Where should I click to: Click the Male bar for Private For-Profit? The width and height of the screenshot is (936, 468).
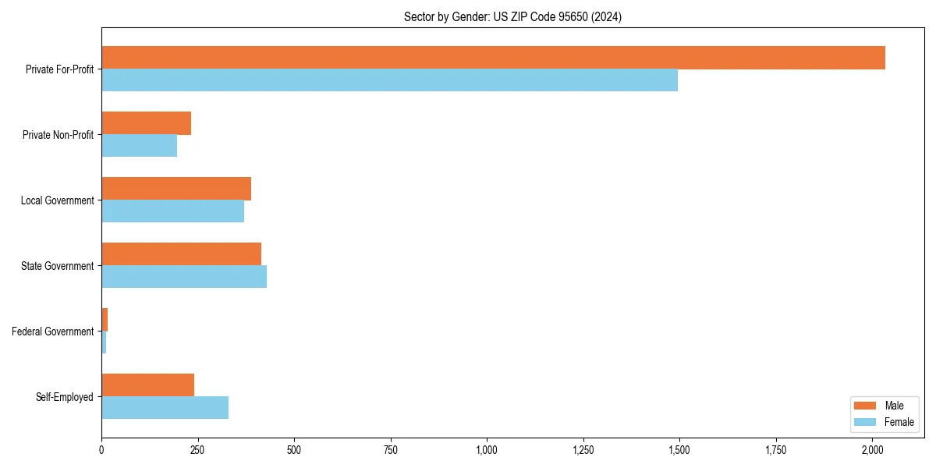point(493,58)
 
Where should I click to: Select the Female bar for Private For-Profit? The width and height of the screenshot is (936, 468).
point(389,80)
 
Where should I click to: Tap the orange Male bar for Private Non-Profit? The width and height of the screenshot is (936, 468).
point(146,123)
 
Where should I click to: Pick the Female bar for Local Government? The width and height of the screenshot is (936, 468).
point(172,211)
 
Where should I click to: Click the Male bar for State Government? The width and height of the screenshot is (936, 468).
point(181,254)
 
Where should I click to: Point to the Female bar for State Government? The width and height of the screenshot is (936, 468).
point(184,277)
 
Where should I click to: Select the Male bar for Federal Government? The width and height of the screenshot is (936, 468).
point(105,320)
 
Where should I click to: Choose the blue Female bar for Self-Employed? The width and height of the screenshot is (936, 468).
point(165,408)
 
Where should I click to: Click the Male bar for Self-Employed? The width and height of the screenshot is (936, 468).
point(147,385)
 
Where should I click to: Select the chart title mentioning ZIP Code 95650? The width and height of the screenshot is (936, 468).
point(512,16)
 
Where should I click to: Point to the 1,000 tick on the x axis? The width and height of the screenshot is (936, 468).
point(487,450)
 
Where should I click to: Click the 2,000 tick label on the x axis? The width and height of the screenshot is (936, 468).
point(872,450)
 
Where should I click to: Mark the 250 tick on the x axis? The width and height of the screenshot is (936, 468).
point(197,450)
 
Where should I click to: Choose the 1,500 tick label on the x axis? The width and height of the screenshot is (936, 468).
point(679,450)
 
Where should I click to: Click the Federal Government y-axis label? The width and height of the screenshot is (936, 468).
point(53,331)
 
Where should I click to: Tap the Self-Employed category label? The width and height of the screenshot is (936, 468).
point(65,397)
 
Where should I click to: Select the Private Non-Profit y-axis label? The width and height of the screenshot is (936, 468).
point(58,135)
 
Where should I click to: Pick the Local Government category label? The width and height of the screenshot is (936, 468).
point(58,200)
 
